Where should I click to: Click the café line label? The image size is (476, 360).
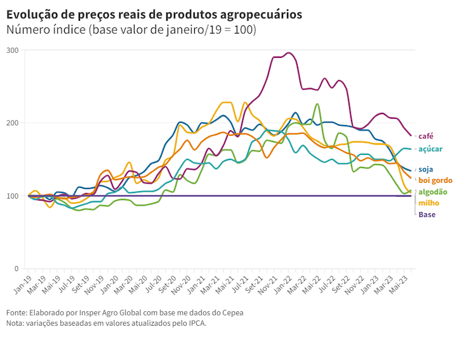[x=426, y=136]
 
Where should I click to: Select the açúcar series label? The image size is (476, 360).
[x=430, y=149]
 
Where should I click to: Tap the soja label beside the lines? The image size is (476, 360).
[x=426, y=170]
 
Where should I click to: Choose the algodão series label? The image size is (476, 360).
[x=433, y=192]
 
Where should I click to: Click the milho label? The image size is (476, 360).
[x=428, y=203]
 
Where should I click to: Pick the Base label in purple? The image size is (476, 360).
[x=427, y=215]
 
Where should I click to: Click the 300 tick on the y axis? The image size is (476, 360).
[x=12, y=50]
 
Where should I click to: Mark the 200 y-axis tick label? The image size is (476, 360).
[x=12, y=123]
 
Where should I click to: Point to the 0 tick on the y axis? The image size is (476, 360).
[x=17, y=269]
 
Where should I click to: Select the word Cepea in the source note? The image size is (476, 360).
[x=231, y=312]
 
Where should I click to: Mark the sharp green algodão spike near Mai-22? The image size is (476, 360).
[x=317, y=104]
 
